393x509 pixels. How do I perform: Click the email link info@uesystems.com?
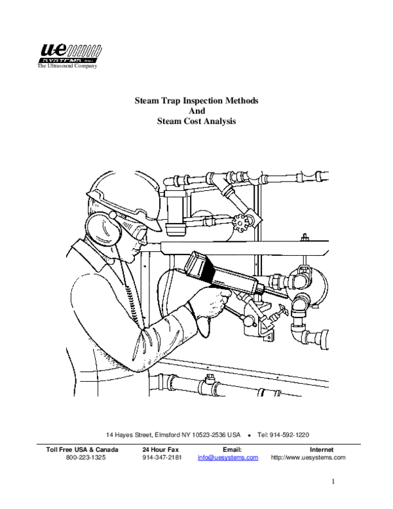coord(227,458)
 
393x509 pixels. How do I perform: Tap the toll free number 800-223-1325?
coord(83,458)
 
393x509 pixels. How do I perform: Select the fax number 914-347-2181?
coord(160,458)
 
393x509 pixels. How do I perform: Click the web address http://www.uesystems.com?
coord(307,458)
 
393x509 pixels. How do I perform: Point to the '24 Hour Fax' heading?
coord(160,449)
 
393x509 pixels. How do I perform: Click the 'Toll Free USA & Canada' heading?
coord(83,449)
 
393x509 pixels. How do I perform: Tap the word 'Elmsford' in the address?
coord(169,435)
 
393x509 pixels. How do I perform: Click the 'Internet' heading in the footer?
coord(322,449)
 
